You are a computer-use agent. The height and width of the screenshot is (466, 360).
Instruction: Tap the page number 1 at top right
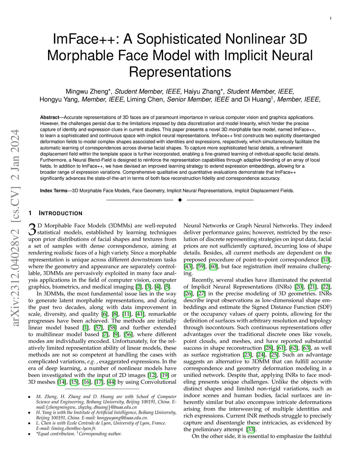[x=330, y=18]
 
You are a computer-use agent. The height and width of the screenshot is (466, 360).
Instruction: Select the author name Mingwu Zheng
[x=86, y=91]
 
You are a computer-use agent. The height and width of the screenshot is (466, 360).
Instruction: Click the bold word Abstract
[x=50, y=117]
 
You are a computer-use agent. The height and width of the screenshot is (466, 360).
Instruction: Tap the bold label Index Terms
[x=53, y=191]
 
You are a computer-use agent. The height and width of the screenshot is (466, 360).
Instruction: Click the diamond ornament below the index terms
[x=180, y=200]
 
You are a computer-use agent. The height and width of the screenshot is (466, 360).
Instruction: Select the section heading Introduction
[x=60, y=213]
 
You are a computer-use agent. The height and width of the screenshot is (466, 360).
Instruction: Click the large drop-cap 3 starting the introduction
[x=32, y=229]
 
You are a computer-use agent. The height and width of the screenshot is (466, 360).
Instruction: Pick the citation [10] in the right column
[x=326, y=260]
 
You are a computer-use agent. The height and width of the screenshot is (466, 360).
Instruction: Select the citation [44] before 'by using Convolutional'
[x=111, y=382]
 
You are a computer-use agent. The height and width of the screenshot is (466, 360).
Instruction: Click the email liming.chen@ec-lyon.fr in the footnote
[x=66, y=428]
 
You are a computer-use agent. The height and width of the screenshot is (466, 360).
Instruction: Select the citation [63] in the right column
[x=306, y=348]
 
